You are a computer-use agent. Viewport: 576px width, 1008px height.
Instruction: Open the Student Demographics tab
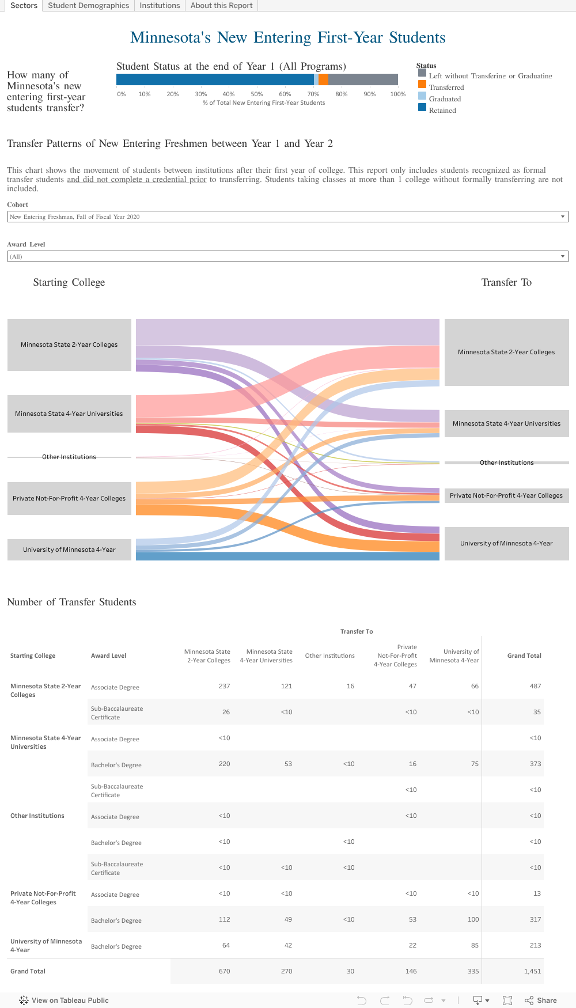pyautogui.click(x=88, y=6)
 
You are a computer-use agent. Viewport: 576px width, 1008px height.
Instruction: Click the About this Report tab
pyautogui.click(x=221, y=6)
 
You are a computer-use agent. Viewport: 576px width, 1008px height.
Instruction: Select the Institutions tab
pyautogui.click(x=160, y=6)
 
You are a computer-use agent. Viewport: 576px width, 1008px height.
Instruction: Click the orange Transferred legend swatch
pyautogui.click(x=422, y=84)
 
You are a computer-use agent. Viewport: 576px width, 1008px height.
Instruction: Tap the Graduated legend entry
pyautogui.click(x=445, y=99)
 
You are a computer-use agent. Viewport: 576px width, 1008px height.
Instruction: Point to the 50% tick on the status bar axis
pyautogui.click(x=257, y=94)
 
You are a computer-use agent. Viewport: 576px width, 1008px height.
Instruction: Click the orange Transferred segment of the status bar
pyautogui.click(x=323, y=79)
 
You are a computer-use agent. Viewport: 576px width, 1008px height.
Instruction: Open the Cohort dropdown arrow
pyautogui.click(x=562, y=217)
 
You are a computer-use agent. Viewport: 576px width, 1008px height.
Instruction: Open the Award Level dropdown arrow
pyautogui.click(x=562, y=256)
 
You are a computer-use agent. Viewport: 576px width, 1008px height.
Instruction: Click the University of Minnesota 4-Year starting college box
pyautogui.click(x=69, y=550)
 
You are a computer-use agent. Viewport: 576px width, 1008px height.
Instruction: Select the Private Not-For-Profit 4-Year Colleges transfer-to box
pyautogui.click(x=506, y=495)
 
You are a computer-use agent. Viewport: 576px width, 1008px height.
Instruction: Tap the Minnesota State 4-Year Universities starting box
pyautogui.click(x=69, y=414)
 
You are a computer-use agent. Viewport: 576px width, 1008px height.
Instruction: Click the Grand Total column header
pyautogui.click(x=524, y=655)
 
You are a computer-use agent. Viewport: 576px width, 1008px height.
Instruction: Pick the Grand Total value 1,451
pyautogui.click(x=532, y=971)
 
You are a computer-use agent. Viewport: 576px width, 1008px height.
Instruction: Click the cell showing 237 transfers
pyautogui.click(x=224, y=686)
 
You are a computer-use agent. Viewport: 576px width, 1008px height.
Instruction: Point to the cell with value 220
pyautogui.click(x=224, y=764)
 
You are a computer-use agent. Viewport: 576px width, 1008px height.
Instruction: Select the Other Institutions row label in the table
pyautogui.click(x=37, y=816)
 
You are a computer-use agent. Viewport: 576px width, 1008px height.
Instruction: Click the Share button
pyautogui.click(x=541, y=1001)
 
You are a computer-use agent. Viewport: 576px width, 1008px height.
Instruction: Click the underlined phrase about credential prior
pyautogui.click(x=137, y=180)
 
